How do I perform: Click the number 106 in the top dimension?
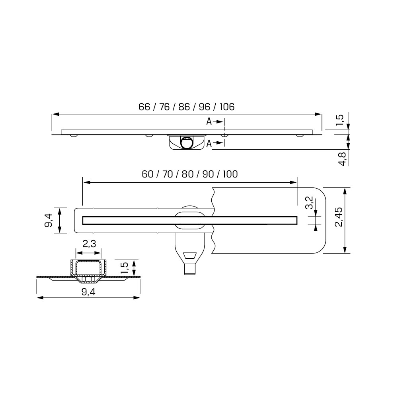pos(227,107)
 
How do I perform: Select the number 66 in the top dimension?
pos(144,107)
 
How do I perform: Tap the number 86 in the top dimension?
pos(184,107)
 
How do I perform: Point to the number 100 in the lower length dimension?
pos(230,174)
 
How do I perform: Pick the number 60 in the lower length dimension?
pos(148,174)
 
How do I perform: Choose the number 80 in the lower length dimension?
pos(188,174)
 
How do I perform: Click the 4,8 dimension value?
pos(343,159)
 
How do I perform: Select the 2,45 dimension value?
pos(339,217)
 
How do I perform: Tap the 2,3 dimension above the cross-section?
pos(89,244)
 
